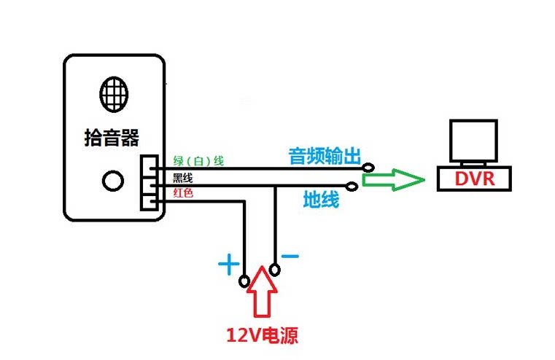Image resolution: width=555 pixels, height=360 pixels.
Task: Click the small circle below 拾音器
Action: (x=112, y=180)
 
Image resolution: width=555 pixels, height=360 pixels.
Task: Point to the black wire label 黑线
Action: (x=182, y=177)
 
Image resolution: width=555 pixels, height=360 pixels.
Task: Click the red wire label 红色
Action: (x=183, y=192)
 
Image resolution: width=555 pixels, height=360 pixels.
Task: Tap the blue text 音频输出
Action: (x=326, y=156)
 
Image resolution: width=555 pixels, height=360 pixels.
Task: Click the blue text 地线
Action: (x=321, y=199)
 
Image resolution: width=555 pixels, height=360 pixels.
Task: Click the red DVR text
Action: (x=474, y=179)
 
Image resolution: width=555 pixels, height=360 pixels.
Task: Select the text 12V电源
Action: (x=262, y=336)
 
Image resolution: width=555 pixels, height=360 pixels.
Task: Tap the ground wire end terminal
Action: (x=352, y=187)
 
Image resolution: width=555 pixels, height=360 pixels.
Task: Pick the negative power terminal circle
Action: (x=274, y=270)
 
